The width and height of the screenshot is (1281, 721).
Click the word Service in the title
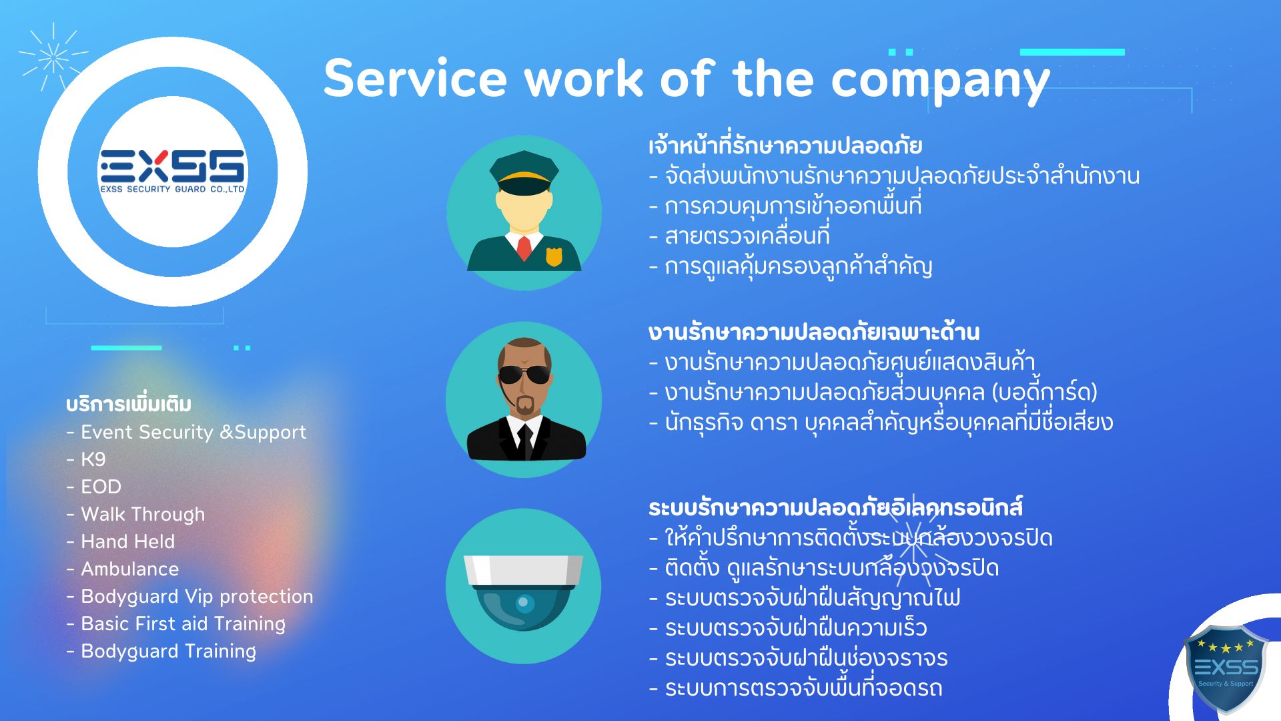pos(415,79)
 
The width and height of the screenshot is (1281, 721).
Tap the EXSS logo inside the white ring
pos(173,172)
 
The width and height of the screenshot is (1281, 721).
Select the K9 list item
pos(93,459)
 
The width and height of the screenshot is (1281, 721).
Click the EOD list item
pos(101,487)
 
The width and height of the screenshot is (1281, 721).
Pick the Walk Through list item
pos(143,515)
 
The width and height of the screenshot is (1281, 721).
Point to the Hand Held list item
pos(127,541)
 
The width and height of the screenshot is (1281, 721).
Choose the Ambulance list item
pos(130,569)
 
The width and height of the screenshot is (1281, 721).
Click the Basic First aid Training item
pos(183,624)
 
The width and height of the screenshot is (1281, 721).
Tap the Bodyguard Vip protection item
pos(197,597)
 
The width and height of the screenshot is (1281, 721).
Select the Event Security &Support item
pos(193,433)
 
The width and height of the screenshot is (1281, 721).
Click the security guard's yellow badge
pos(554,256)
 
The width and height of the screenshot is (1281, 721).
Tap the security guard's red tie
pos(524,248)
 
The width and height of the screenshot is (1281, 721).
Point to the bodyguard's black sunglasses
pos(525,375)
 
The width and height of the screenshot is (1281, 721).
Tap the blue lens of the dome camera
pos(523,603)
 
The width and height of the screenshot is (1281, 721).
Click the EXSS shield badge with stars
pos(1226,668)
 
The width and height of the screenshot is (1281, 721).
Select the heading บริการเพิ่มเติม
pos(129,405)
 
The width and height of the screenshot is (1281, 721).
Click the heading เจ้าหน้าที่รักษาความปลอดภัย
pos(785,146)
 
